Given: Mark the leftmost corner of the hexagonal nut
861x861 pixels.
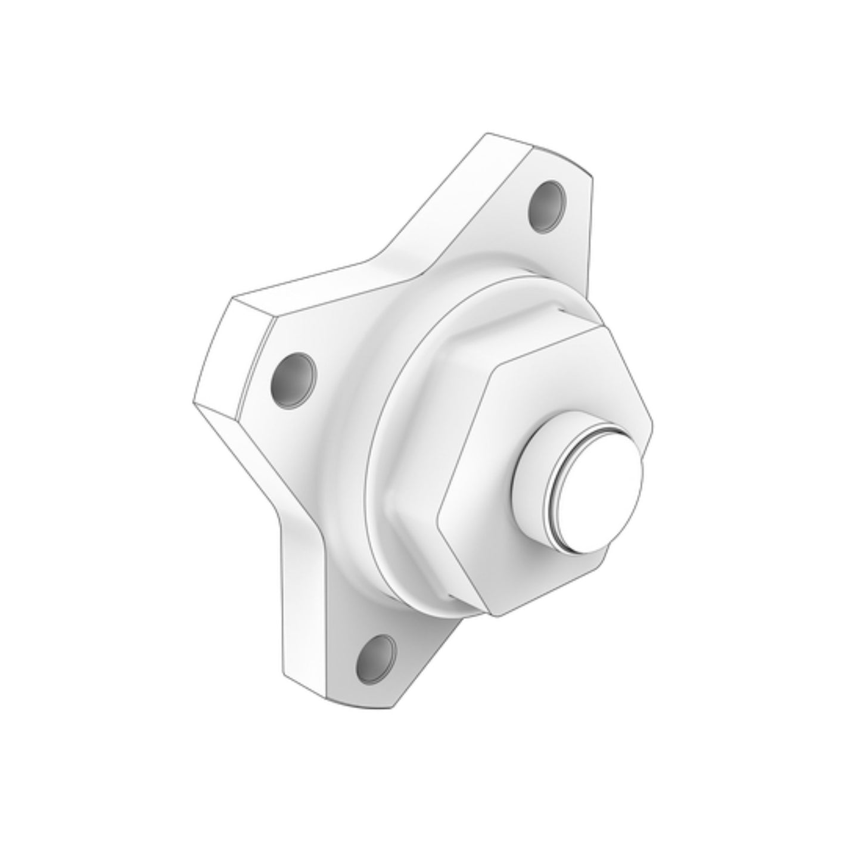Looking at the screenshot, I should pyautogui.click(x=439, y=511).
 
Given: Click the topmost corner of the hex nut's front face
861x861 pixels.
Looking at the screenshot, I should pyautogui.click(x=603, y=326).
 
